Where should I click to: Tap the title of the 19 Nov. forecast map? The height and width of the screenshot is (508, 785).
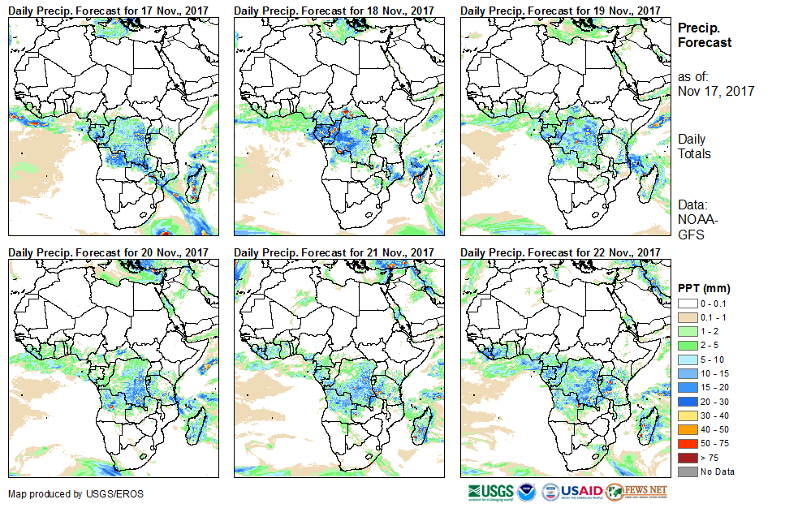coord(559,9)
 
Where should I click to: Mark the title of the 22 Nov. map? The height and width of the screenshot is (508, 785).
coord(559,253)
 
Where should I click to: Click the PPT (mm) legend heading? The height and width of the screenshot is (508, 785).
coord(705,289)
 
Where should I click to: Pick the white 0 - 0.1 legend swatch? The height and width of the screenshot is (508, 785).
coord(686,304)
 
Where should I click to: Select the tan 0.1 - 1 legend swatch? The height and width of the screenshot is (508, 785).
coord(686,317)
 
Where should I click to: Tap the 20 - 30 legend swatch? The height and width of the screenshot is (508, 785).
coord(686,402)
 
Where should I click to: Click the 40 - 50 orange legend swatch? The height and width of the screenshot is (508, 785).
coord(686,429)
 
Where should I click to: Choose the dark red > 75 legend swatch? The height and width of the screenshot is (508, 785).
coord(686,458)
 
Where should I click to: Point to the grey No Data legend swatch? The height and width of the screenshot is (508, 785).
coord(686,471)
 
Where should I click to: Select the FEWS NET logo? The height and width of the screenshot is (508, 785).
coord(636,492)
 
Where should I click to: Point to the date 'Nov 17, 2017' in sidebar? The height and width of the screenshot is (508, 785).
coord(716,91)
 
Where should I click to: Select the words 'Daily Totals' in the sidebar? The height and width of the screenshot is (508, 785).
coord(694,147)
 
